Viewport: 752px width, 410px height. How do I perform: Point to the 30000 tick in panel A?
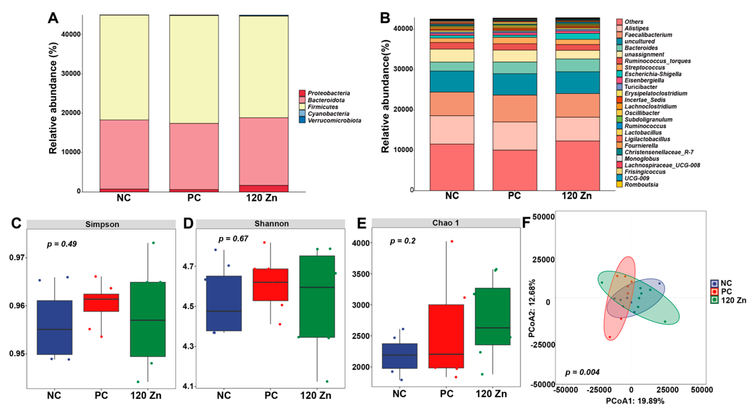click(71, 74)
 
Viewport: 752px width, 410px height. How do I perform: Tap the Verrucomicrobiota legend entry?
click(334, 121)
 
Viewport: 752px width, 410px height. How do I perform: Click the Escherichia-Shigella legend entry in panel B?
click(653, 74)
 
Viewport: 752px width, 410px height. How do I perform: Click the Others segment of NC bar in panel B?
click(452, 167)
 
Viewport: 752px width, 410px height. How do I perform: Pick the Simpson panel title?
click(102, 224)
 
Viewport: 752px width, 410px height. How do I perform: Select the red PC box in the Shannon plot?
click(270, 285)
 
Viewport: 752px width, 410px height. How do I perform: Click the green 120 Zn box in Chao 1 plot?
click(493, 316)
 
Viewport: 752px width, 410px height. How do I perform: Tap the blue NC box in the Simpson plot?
click(55, 327)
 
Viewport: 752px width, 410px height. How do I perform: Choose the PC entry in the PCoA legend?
click(726, 292)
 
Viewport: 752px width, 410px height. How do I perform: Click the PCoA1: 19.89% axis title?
click(635, 401)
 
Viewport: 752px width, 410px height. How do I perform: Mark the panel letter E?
click(362, 223)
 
